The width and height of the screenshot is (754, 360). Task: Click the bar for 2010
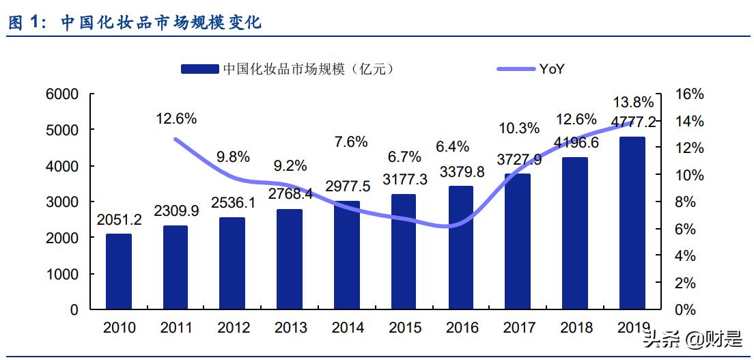click(x=119, y=271)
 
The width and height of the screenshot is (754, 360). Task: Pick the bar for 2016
click(x=461, y=247)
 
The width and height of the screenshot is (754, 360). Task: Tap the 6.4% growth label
click(x=453, y=146)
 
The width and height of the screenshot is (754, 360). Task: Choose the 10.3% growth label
click(x=518, y=128)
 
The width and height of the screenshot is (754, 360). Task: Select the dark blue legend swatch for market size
click(x=199, y=68)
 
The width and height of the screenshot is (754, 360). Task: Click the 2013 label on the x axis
click(x=290, y=328)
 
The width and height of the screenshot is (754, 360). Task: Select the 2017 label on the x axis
click(x=519, y=328)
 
